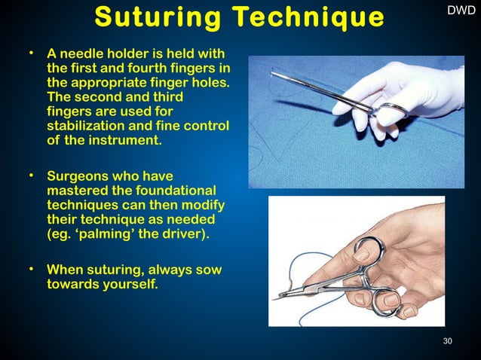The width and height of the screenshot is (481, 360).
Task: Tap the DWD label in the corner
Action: coord(461,11)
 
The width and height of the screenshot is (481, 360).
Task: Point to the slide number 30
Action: coord(448,342)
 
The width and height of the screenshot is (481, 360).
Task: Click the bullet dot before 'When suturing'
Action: coord(33,267)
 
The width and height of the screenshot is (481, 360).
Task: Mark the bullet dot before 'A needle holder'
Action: coord(33,53)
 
